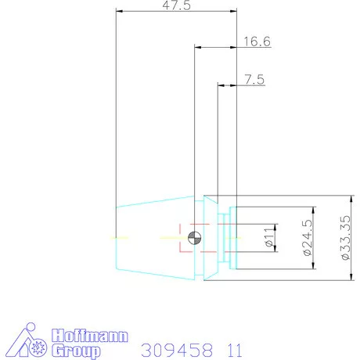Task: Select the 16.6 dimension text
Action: click(256, 41)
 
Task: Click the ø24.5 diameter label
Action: click(308, 237)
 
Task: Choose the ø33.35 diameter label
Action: click(345, 237)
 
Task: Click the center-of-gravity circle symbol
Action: click(194, 236)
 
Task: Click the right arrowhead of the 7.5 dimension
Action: click(233, 85)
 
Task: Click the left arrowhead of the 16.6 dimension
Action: click(197, 48)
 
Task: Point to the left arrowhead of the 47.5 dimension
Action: click(118, 11)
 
